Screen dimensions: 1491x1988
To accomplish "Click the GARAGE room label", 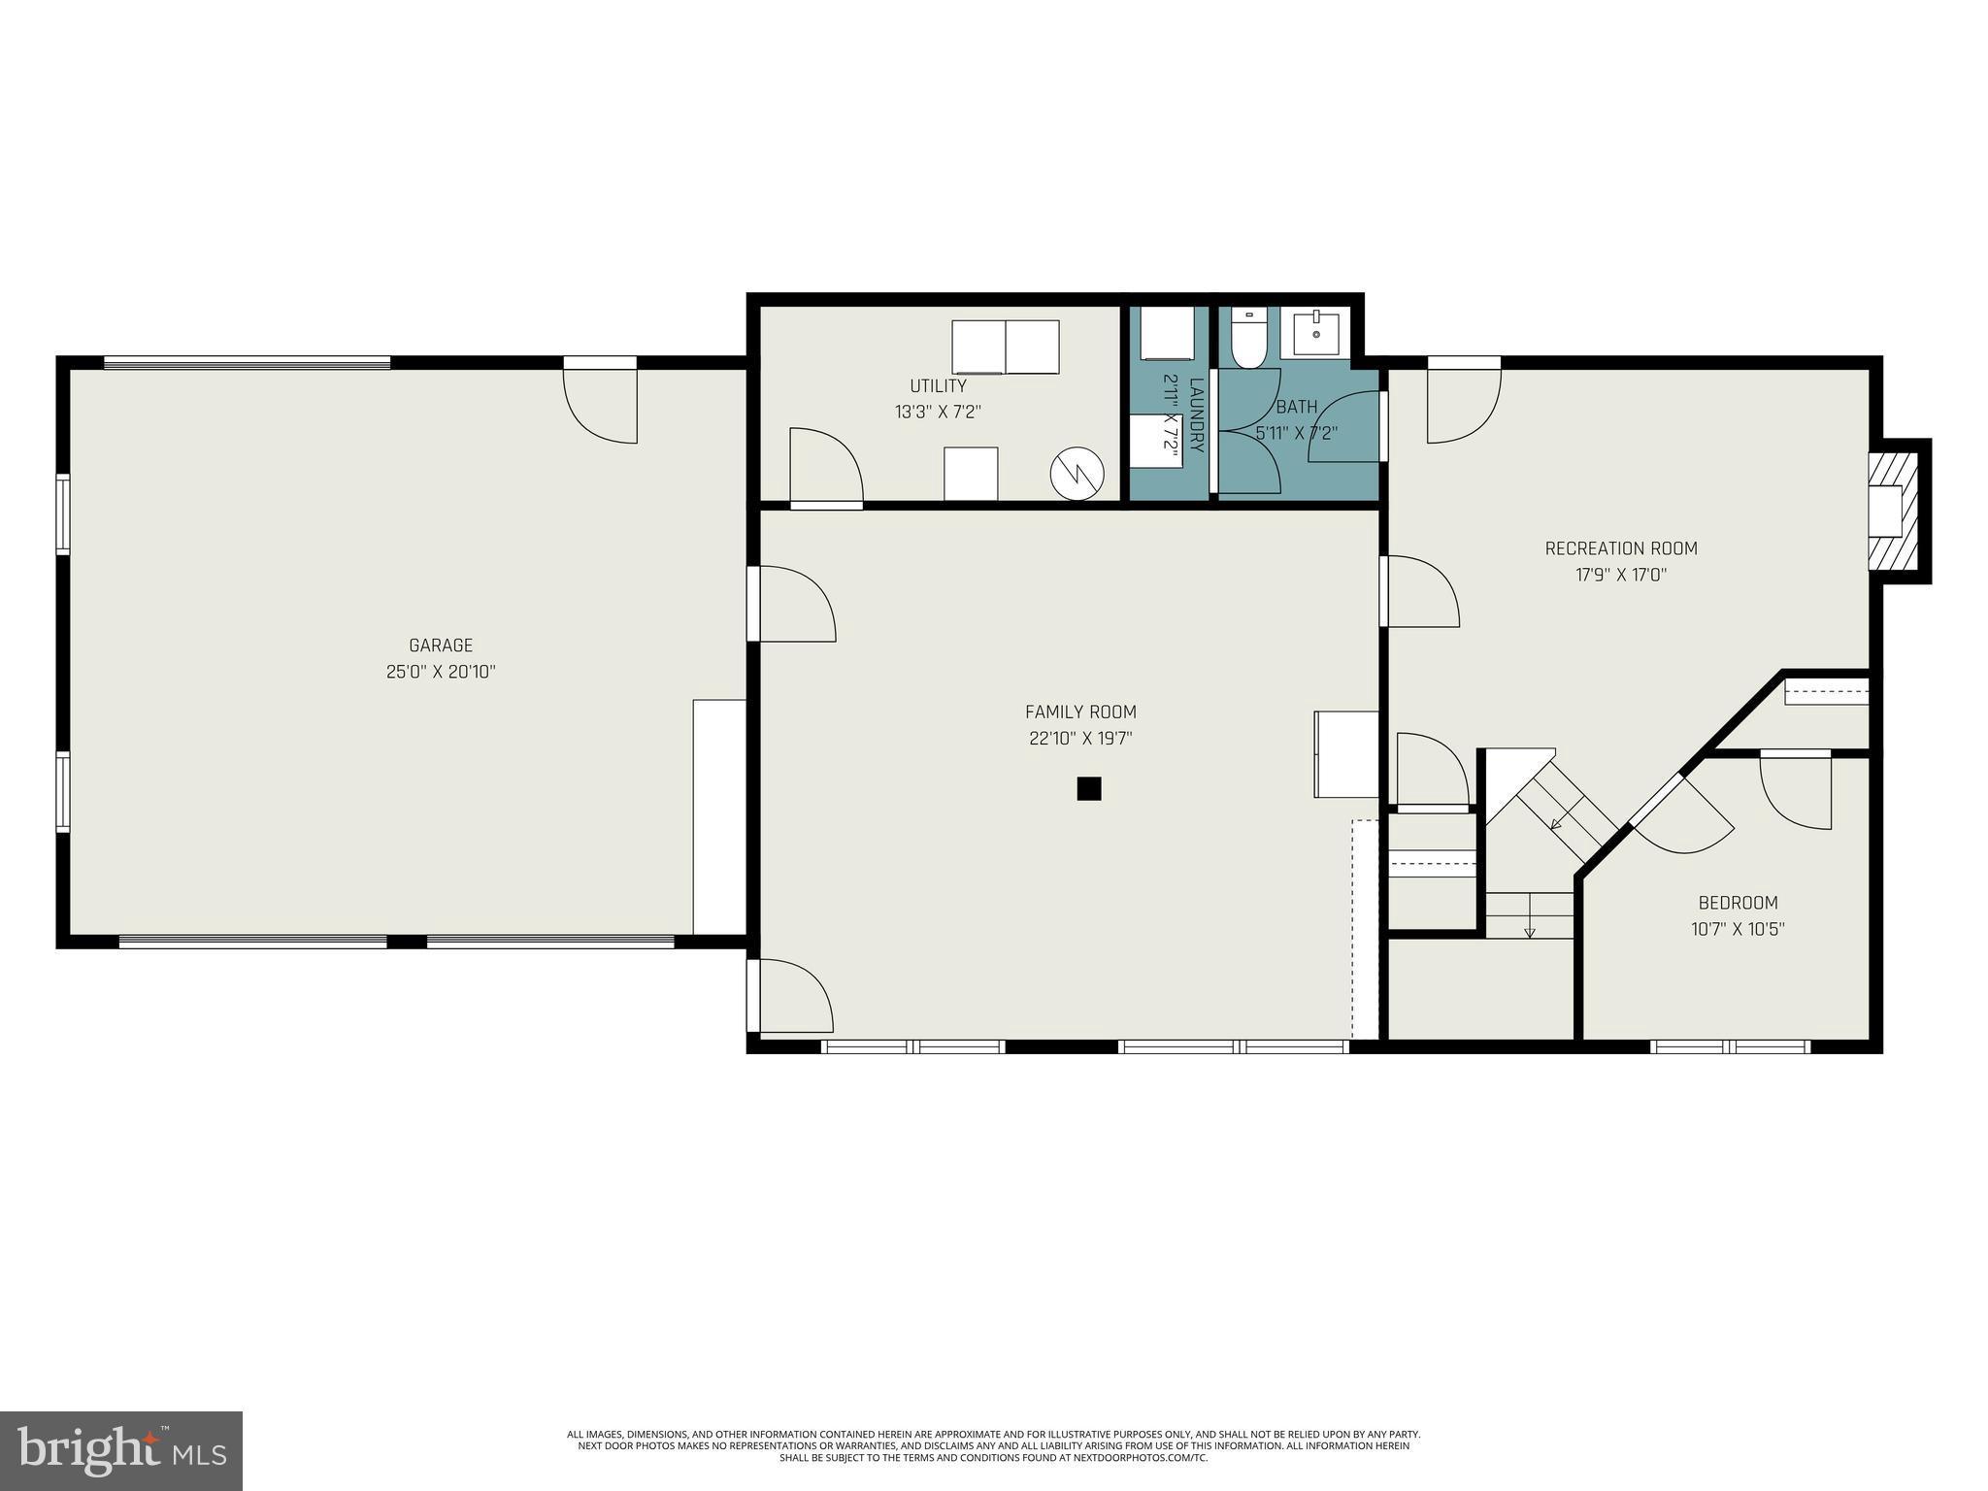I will point(441,646).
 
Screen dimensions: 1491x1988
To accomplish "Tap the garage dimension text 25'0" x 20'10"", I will point(441,672).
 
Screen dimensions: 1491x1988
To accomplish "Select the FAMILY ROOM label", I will point(1080,712).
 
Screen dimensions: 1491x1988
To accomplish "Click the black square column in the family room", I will point(1088,788).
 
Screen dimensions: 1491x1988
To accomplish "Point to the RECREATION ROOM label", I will point(1620,548).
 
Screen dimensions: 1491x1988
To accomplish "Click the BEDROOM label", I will point(1738,903).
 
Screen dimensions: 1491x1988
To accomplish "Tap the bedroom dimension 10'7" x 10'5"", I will point(1738,929).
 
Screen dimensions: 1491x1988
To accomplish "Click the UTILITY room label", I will point(938,386).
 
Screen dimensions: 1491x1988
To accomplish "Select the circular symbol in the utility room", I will point(1077,474).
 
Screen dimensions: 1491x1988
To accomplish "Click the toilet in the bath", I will point(1248,340).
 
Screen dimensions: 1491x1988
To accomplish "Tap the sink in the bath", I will point(1316,334).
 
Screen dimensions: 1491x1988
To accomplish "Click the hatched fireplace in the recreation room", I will point(1893,511).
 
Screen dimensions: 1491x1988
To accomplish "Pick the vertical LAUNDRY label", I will point(1196,415).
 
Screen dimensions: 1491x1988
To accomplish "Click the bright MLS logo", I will point(121,1450).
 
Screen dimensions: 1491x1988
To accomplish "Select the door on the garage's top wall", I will point(601,403).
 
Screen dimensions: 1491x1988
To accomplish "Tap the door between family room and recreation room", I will point(1419,591).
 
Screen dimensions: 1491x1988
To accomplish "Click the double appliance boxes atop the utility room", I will point(1005,348).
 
